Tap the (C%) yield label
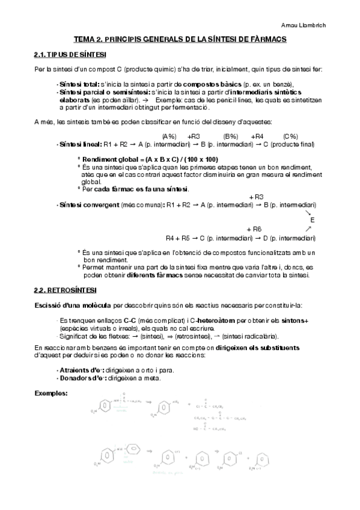[x=290, y=136]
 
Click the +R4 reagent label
[x=258, y=136]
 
